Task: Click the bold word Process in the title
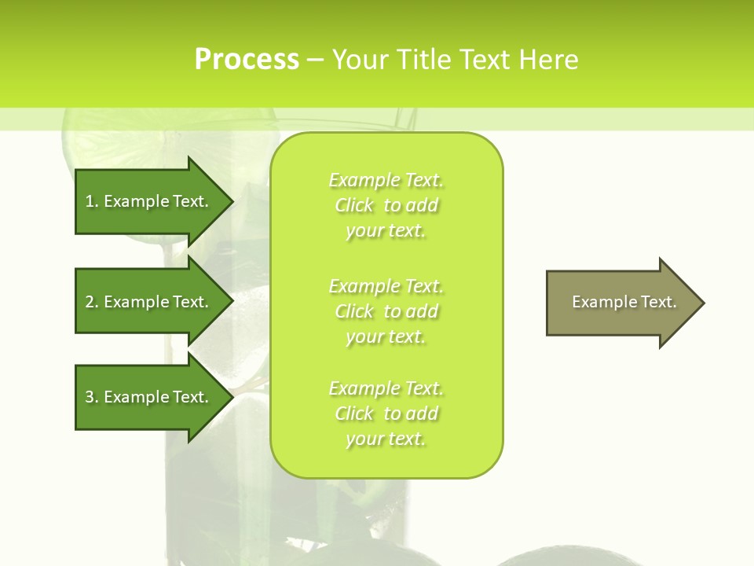[247, 60]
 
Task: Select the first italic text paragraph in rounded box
[386, 205]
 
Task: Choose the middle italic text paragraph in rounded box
[386, 311]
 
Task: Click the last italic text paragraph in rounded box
[386, 413]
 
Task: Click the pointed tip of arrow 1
[232, 201]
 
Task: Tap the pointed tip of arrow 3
[232, 397]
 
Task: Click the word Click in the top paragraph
[354, 205]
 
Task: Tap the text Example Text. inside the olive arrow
[624, 302]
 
